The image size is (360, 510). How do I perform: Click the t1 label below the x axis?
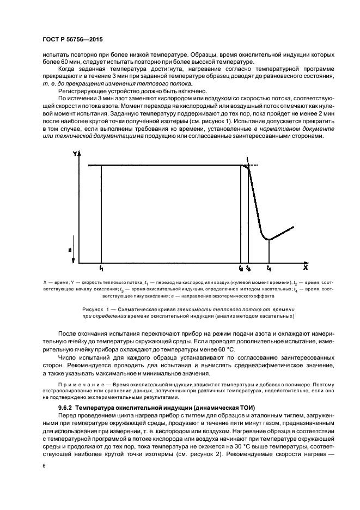101,269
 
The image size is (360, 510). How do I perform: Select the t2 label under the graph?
241,269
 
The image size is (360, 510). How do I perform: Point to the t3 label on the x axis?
249,269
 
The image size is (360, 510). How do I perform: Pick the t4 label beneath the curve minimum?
269,269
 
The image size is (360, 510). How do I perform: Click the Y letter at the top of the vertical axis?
75,154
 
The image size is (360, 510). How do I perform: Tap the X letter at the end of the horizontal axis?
306,268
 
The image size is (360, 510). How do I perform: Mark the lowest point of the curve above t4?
269,239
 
